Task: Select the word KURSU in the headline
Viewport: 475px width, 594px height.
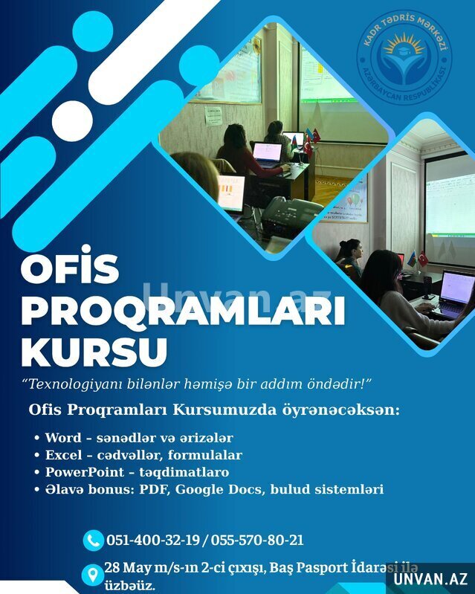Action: (94, 352)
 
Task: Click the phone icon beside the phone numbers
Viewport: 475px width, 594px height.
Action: (93, 540)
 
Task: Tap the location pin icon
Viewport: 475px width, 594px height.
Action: (92, 575)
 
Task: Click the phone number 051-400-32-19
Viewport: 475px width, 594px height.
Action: (152, 540)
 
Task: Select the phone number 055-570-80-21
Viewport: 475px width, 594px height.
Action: (257, 540)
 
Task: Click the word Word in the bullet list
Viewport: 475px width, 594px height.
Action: (63, 438)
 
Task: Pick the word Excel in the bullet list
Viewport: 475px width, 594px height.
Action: (64, 455)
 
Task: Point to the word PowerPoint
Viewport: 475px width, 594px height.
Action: (85, 472)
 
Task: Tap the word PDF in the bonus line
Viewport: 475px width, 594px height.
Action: (155, 489)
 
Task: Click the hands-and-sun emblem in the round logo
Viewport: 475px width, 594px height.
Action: (404, 57)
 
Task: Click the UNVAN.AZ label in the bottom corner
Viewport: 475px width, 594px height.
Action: (430, 579)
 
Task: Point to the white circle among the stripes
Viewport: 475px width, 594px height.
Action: (72, 121)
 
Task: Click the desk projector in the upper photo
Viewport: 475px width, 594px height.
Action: (291, 215)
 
